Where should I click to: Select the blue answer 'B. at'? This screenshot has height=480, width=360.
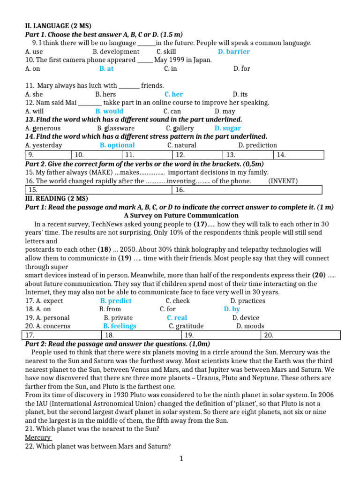[106, 68]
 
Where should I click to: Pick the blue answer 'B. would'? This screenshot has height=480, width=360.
[109, 111]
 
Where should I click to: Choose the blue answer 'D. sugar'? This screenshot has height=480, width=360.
[227, 128]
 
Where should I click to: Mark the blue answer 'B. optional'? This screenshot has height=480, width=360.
[117, 145]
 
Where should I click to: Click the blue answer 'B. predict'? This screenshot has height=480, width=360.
[116, 301]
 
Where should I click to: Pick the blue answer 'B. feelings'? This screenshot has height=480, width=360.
[120, 326]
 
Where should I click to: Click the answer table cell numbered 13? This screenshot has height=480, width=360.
[248, 155]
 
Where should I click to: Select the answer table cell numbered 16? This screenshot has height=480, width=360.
[247, 190]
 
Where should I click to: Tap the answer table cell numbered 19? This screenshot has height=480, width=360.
[221, 335]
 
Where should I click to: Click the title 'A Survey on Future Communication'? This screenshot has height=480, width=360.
[181, 216]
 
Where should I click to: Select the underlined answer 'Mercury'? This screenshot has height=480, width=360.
[38, 438]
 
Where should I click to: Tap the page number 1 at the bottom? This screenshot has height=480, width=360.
[181, 459]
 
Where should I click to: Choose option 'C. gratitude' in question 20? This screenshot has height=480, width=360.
[186, 326]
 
